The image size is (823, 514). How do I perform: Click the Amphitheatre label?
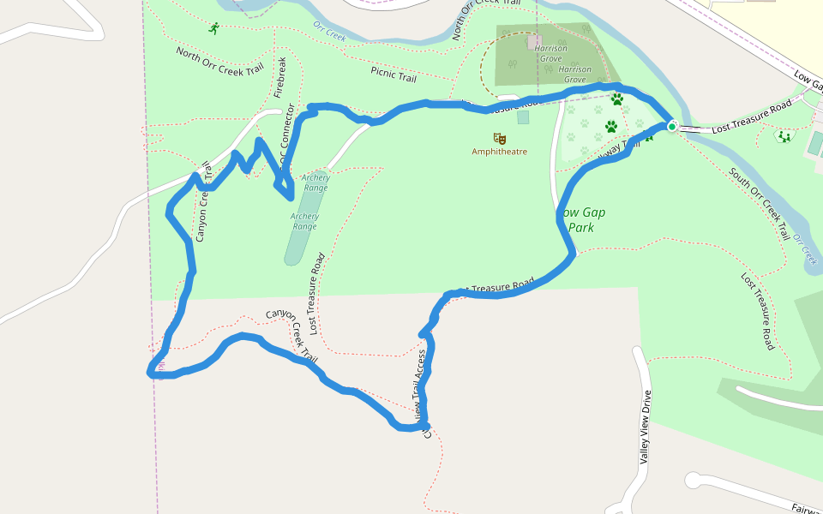(499, 152)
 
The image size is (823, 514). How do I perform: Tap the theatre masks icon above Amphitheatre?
(499, 138)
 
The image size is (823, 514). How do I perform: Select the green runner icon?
(213, 28)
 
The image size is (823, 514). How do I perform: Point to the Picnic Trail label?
(393, 75)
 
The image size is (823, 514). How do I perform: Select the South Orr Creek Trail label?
(759, 203)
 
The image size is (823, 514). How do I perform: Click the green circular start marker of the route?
(672, 127)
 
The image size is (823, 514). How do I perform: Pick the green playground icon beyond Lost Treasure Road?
(784, 135)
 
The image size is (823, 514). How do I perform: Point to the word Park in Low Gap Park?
(582, 228)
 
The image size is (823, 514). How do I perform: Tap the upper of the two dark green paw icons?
(616, 99)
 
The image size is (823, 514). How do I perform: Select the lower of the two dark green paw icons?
(611, 127)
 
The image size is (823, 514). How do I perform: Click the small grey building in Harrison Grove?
(534, 39)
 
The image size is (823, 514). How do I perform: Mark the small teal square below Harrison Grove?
(523, 117)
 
